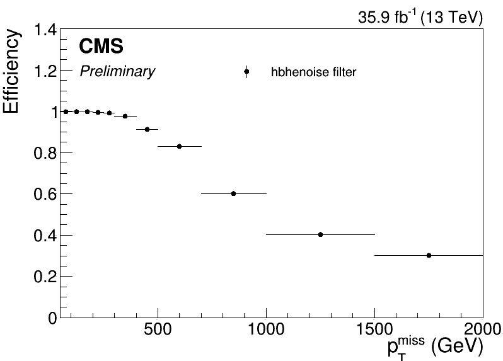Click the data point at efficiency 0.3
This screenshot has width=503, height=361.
click(429, 255)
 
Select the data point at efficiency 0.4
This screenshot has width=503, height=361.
click(320, 234)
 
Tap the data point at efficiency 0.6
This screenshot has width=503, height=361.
click(233, 193)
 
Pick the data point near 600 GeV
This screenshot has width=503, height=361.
click(179, 146)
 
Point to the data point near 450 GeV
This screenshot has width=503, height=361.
click(147, 129)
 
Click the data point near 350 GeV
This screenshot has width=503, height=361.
click(125, 116)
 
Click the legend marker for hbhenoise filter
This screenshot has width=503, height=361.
click(246, 72)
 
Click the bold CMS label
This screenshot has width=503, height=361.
click(101, 47)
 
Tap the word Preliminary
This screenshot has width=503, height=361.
click(117, 72)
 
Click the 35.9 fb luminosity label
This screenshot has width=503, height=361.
click(420, 18)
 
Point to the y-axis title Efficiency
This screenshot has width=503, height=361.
click(12, 71)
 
